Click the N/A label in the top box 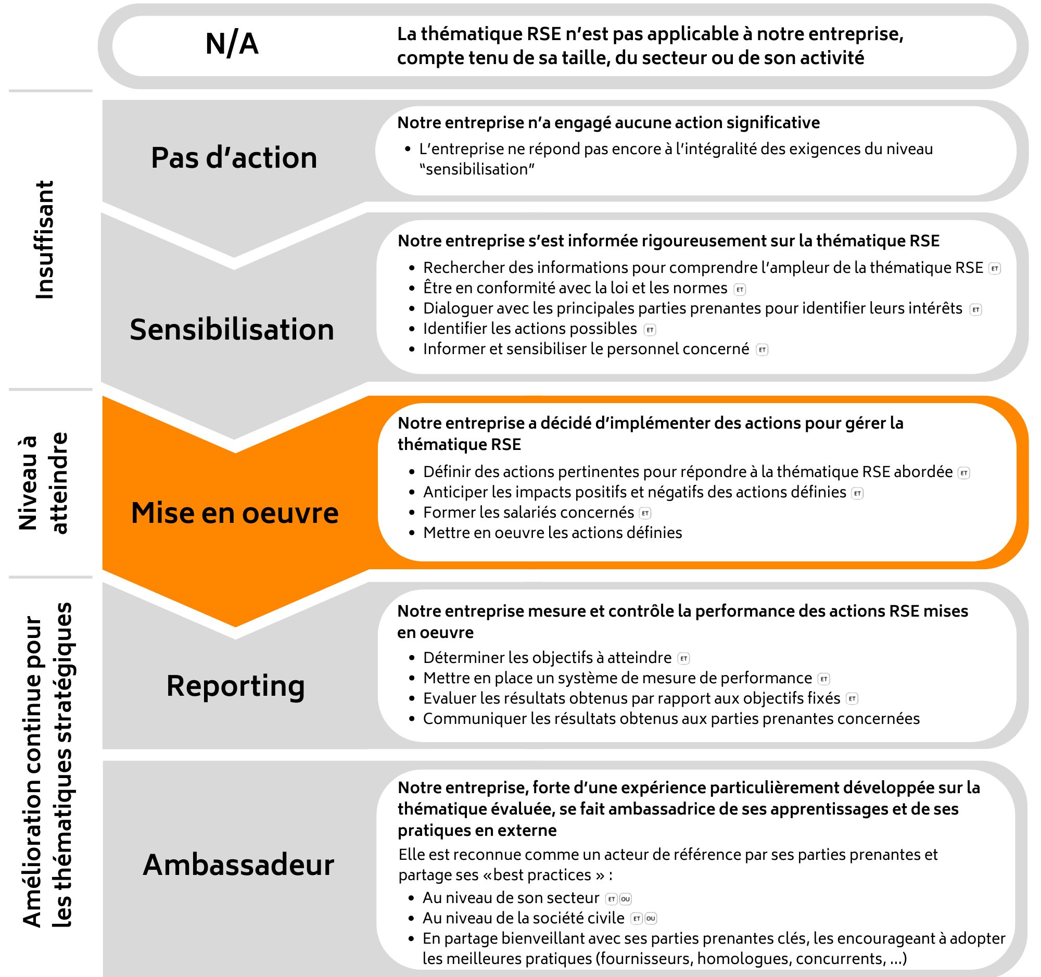click(232, 44)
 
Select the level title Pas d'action click(234, 158)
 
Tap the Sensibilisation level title click(232, 330)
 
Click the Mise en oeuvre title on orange click(235, 512)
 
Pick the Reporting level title click(236, 685)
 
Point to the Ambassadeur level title click(238, 865)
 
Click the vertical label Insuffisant click(45, 240)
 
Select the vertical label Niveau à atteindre click(44, 483)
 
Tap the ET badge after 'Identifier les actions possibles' click(650, 330)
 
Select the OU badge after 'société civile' click(650, 918)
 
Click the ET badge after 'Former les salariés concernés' click(645, 513)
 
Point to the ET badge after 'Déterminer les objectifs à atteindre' click(683, 658)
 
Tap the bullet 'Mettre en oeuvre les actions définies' click(552, 533)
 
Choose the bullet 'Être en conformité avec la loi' click(575, 288)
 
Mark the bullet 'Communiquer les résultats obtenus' click(671, 718)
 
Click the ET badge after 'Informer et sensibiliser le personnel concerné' click(763, 350)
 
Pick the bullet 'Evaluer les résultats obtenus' click(631, 698)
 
